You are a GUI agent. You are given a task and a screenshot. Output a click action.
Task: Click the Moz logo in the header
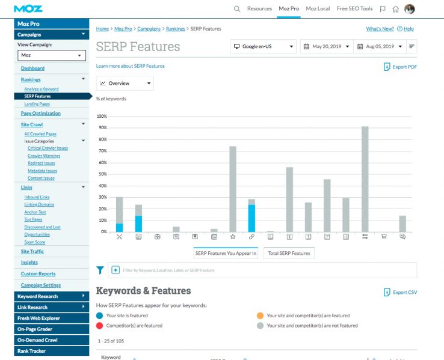pyautogui.click(x=28, y=8)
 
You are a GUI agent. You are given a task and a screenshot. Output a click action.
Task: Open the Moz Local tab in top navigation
pyautogui.click(x=318, y=9)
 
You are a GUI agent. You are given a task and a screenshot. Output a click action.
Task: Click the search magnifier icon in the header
pyautogui.click(x=237, y=9)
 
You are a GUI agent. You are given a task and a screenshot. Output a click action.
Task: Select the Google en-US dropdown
pyautogui.click(x=264, y=46)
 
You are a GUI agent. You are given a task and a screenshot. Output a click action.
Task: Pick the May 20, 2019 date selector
pyautogui.click(x=325, y=46)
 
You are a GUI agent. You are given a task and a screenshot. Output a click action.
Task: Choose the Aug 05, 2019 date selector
pyautogui.click(x=379, y=46)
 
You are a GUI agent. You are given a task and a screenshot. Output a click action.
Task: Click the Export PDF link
pyautogui.click(x=400, y=67)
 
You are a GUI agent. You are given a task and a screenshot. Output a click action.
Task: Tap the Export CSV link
pyautogui.click(x=400, y=292)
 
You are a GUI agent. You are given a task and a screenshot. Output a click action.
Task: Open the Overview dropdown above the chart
pyautogui.click(x=125, y=83)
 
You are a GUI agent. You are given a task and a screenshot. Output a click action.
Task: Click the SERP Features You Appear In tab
pyautogui.click(x=226, y=253)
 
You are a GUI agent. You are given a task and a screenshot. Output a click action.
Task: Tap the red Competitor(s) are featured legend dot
pyautogui.click(x=99, y=326)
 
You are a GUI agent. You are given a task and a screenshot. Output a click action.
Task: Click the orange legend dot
pyautogui.click(x=260, y=316)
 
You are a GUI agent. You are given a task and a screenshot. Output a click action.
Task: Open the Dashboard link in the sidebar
pyautogui.click(x=32, y=69)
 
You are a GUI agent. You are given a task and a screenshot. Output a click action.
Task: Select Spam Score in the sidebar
pyautogui.click(x=34, y=242)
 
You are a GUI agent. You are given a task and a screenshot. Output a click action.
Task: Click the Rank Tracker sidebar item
pyautogui.click(x=31, y=351)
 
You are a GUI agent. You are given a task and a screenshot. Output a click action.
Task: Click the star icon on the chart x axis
pyautogui.click(x=233, y=237)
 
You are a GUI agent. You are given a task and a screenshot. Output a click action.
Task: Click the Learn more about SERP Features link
pyautogui.click(x=130, y=66)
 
